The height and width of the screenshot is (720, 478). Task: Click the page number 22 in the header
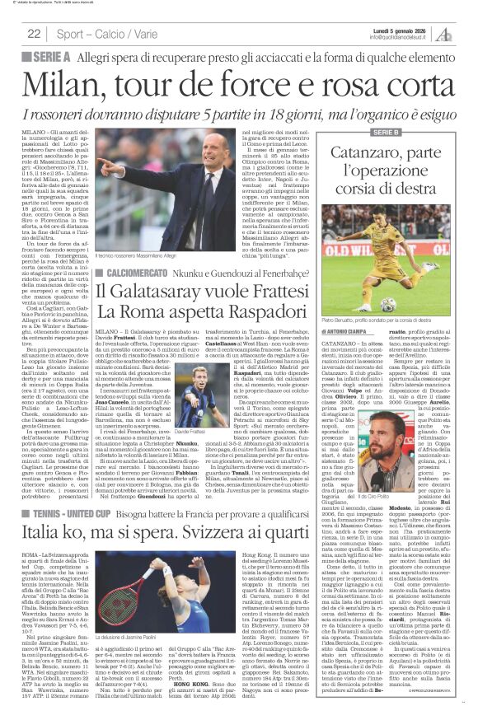(x=35, y=34)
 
